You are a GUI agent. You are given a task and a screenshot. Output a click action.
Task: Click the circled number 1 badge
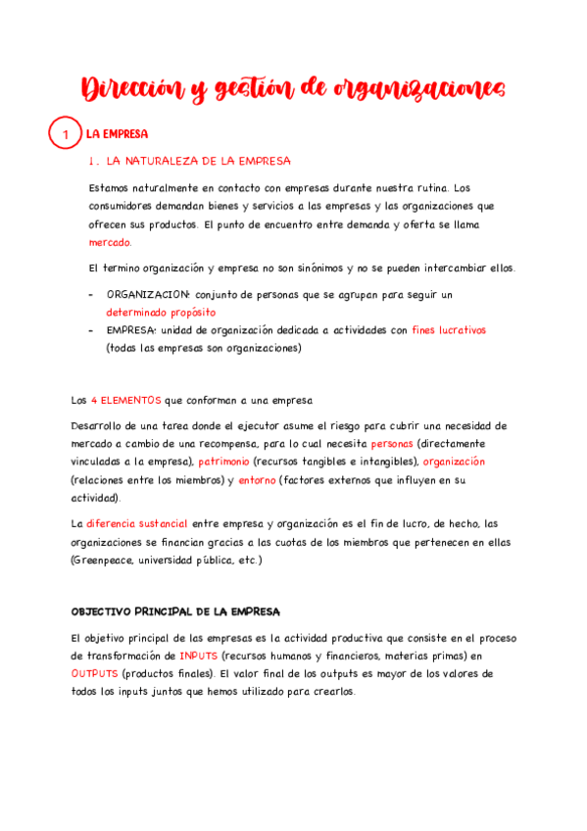pos(64,133)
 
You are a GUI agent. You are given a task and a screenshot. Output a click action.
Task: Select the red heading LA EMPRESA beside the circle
pos(117,133)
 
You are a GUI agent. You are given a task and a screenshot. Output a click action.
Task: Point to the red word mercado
pos(110,242)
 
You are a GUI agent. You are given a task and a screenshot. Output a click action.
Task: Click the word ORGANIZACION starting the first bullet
pos(148,294)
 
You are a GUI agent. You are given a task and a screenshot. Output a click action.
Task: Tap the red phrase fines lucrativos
pos(448,330)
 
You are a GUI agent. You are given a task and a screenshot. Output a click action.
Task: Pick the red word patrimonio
pos(224,461)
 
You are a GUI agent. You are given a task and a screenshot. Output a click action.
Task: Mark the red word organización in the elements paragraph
pos(454,461)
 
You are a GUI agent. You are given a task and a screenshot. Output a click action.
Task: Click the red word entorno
pos(257,479)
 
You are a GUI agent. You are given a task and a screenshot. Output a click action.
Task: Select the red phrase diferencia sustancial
pos(136,523)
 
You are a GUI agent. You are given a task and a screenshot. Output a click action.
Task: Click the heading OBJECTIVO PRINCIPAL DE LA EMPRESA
pos(175,611)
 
